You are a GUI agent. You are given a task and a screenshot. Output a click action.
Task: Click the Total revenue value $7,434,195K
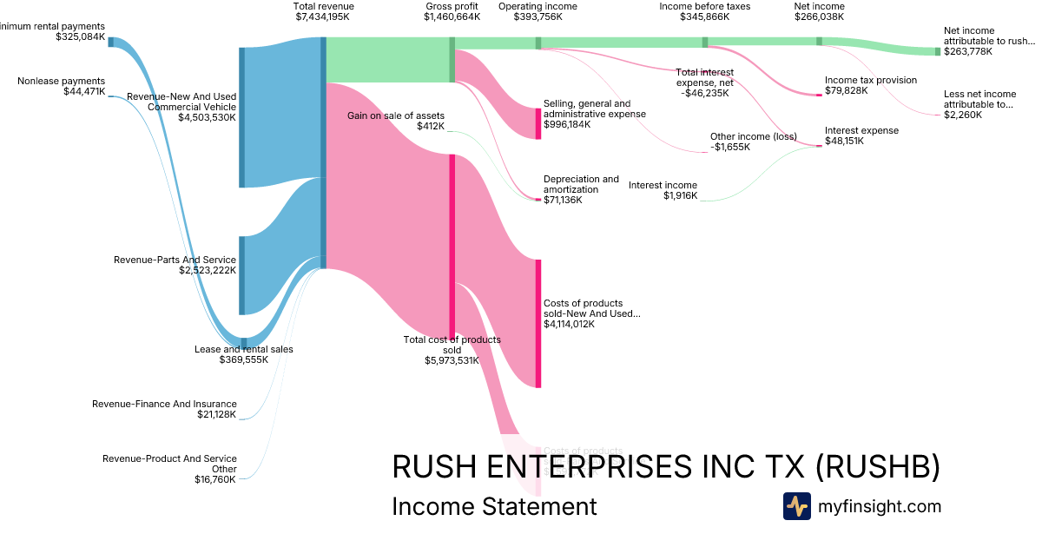point(324,17)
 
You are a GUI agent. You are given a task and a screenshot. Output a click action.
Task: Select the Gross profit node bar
point(452,60)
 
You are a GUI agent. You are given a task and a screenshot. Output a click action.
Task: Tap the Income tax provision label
point(870,80)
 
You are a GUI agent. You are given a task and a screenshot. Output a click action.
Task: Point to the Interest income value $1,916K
point(680,196)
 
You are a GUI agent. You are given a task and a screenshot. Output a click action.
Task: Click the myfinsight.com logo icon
point(796,506)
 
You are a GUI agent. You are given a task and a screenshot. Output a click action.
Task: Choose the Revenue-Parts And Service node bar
point(241,275)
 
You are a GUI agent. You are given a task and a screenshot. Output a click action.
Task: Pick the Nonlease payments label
point(61,81)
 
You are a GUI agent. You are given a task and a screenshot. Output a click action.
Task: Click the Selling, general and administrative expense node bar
point(538,123)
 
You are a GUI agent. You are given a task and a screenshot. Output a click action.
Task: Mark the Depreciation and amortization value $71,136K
point(563,201)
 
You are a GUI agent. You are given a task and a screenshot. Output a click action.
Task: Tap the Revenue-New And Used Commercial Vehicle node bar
point(241,117)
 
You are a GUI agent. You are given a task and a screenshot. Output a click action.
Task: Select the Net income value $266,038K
point(819,17)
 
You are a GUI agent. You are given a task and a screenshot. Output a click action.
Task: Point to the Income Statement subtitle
point(494,507)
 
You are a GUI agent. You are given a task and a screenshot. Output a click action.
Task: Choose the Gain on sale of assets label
point(396,115)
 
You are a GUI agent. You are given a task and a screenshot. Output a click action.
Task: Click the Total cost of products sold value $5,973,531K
point(452,361)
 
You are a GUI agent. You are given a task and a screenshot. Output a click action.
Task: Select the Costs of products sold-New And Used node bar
point(538,323)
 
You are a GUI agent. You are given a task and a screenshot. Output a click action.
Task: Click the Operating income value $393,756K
point(537,17)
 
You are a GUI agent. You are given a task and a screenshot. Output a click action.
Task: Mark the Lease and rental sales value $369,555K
point(243,360)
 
